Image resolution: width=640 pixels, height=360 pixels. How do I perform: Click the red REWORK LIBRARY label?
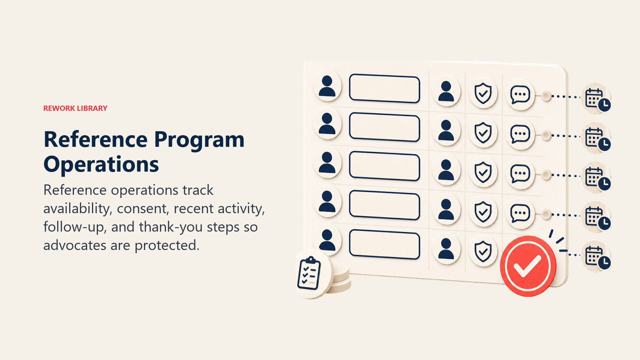pos(75,108)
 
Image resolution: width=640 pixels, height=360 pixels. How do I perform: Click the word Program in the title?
pos(200,140)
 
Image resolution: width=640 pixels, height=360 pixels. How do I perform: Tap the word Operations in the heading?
pos(101,164)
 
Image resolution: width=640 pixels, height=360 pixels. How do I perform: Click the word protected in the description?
pos(167,246)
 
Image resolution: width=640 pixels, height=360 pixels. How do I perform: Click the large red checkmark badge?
pos(528,266)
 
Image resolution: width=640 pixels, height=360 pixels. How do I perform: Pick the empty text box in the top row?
pos(384,88)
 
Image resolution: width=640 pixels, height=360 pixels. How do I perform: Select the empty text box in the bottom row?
pos(384,244)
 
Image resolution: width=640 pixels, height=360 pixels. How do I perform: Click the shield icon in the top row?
pos(483,94)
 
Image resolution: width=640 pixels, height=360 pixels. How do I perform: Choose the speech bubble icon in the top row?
pos(520,94)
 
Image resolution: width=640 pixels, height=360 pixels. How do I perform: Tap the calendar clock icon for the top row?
pos(596,99)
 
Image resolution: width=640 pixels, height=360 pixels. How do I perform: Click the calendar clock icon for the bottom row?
pos(596,256)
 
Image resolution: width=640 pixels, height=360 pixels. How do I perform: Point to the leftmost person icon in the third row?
pos(327,162)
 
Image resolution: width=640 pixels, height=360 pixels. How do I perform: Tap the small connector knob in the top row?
pos(546,96)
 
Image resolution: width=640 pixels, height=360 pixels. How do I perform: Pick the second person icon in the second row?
pos(446,130)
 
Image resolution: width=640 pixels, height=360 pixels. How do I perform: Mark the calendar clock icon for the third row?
pos(596,178)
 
